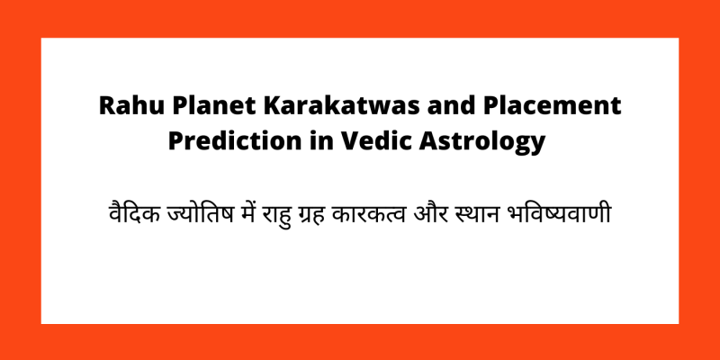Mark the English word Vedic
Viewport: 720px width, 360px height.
point(352,141)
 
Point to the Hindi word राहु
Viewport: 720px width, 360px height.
point(280,216)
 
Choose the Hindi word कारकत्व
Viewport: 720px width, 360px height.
point(383,216)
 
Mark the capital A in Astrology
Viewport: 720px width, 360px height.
point(400,141)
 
